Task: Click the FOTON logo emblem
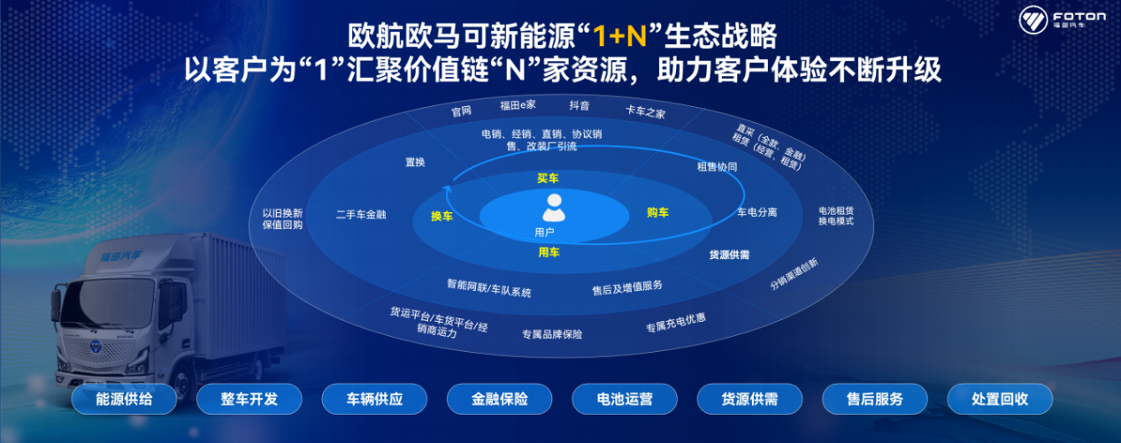click(1033, 19)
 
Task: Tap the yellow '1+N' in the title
click(619, 36)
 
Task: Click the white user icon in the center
click(554, 208)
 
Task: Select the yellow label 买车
click(548, 179)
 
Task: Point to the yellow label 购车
click(657, 212)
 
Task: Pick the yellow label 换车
click(441, 216)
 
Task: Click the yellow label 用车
click(549, 253)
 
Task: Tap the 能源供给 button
click(124, 399)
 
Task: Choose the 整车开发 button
click(250, 399)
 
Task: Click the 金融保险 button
click(499, 399)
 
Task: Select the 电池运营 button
click(625, 399)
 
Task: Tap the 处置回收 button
click(1000, 399)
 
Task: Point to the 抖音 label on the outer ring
click(579, 105)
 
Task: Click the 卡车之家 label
click(646, 112)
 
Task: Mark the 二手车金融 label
click(361, 215)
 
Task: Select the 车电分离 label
click(756, 212)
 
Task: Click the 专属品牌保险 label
click(552, 334)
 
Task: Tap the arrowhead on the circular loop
click(448, 189)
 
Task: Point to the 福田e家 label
click(518, 105)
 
